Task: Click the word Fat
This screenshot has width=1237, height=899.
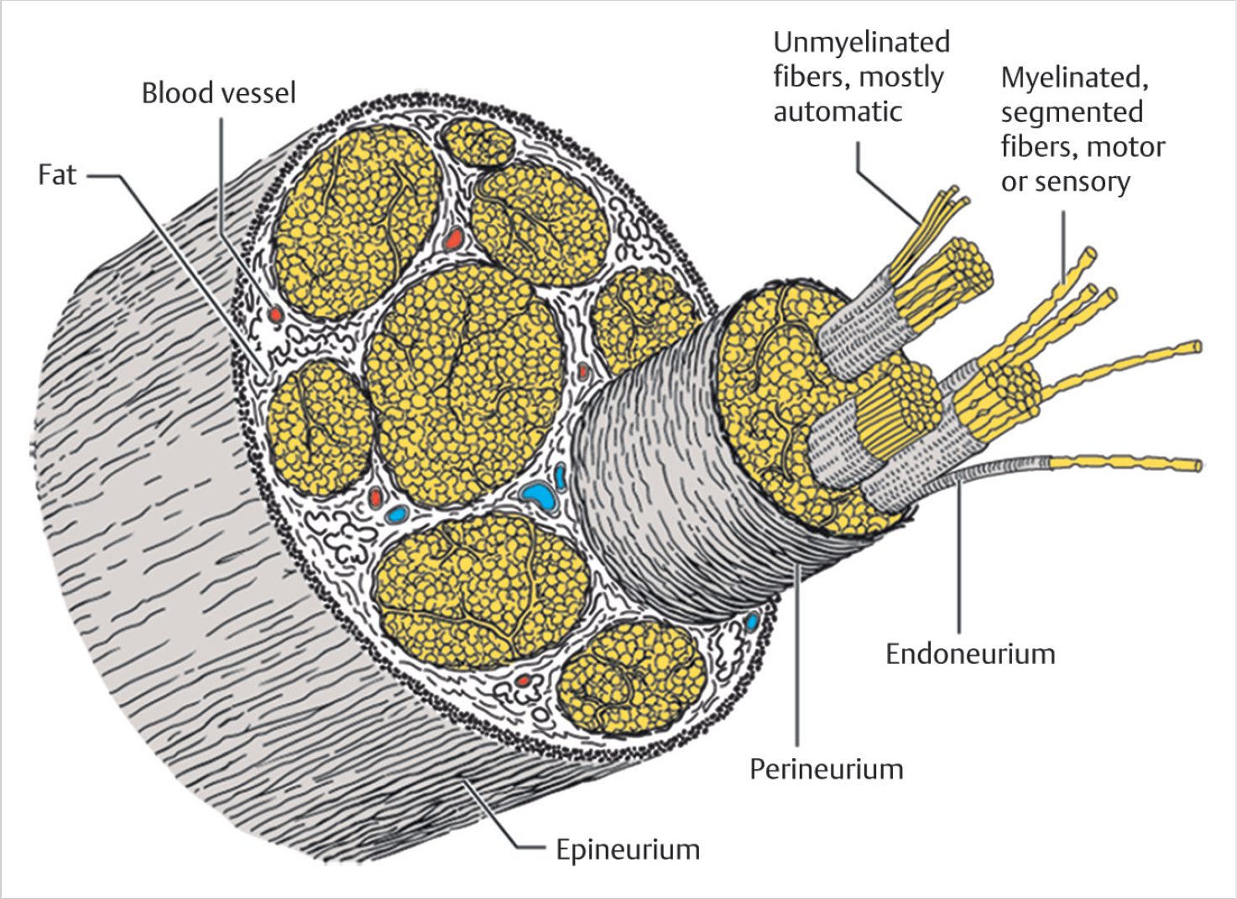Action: (57, 175)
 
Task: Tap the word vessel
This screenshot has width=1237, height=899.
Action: (258, 92)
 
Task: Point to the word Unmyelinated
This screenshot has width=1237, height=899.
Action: (861, 42)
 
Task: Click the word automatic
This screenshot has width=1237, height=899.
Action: (838, 112)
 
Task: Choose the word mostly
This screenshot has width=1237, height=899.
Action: (901, 77)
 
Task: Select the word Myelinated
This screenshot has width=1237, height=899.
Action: (1074, 77)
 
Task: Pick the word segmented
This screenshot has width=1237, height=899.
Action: (1072, 112)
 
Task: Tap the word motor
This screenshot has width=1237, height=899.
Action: (1129, 147)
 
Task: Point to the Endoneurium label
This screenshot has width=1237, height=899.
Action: (970, 654)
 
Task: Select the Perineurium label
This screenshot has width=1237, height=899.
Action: (826, 769)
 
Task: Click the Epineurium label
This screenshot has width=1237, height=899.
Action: (628, 849)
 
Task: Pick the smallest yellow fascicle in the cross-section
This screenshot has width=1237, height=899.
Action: (478, 140)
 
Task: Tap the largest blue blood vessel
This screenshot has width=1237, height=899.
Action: (540, 496)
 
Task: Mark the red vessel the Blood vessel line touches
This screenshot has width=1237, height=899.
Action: (274, 315)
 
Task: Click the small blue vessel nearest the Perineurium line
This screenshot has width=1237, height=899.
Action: (752, 622)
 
